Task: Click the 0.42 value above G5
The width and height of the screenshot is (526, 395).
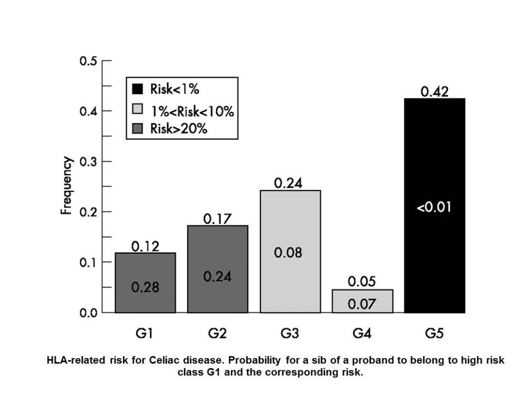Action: coord(435,92)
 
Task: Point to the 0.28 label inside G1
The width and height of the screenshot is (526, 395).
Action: coord(145,288)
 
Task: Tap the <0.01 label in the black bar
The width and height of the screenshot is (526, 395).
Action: coord(435,208)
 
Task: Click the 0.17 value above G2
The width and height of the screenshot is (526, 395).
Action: coord(217,219)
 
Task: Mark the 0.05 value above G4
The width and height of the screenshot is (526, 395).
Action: coord(362,282)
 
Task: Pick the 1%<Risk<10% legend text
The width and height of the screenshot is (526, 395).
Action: coord(192,111)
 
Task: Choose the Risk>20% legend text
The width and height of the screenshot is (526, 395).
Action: coord(178,129)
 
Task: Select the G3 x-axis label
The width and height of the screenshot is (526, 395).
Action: coord(290,334)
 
